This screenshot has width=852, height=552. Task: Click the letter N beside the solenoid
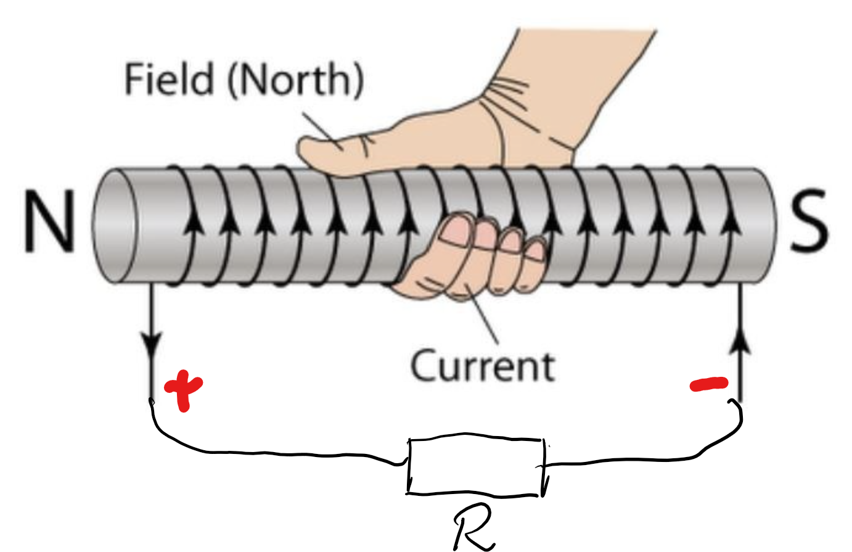pos(49,221)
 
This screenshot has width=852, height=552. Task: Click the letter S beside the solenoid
pos(809,221)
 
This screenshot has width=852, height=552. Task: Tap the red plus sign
pos(183,389)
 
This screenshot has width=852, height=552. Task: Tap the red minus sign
pos(709,385)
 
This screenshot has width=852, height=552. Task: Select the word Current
pos(483,366)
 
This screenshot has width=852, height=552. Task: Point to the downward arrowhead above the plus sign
pos(151,345)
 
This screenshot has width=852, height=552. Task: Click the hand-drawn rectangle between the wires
pos(477,453)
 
